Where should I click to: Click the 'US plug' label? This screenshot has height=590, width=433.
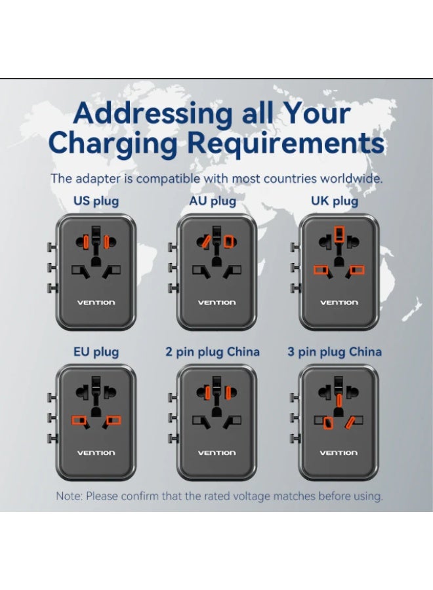point(96,201)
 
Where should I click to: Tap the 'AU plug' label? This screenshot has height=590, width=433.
point(213,201)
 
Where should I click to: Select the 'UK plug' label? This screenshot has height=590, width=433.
point(335,201)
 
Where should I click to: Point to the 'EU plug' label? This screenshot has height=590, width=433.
point(96,352)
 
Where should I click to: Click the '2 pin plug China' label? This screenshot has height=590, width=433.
point(213,352)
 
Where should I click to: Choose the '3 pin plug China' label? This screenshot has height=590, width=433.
point(335,352)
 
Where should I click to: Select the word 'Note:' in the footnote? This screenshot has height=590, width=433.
point(69,496)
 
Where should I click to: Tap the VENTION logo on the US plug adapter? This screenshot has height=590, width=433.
point(96,302)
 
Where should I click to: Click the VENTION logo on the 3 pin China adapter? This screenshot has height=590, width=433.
point(339,452)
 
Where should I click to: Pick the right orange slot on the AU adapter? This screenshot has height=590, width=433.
point(228,241)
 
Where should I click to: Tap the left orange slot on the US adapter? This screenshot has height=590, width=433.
point(86,241)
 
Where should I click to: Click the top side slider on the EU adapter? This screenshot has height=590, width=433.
point(52,397)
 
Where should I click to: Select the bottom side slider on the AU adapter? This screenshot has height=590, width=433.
point(173,288)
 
